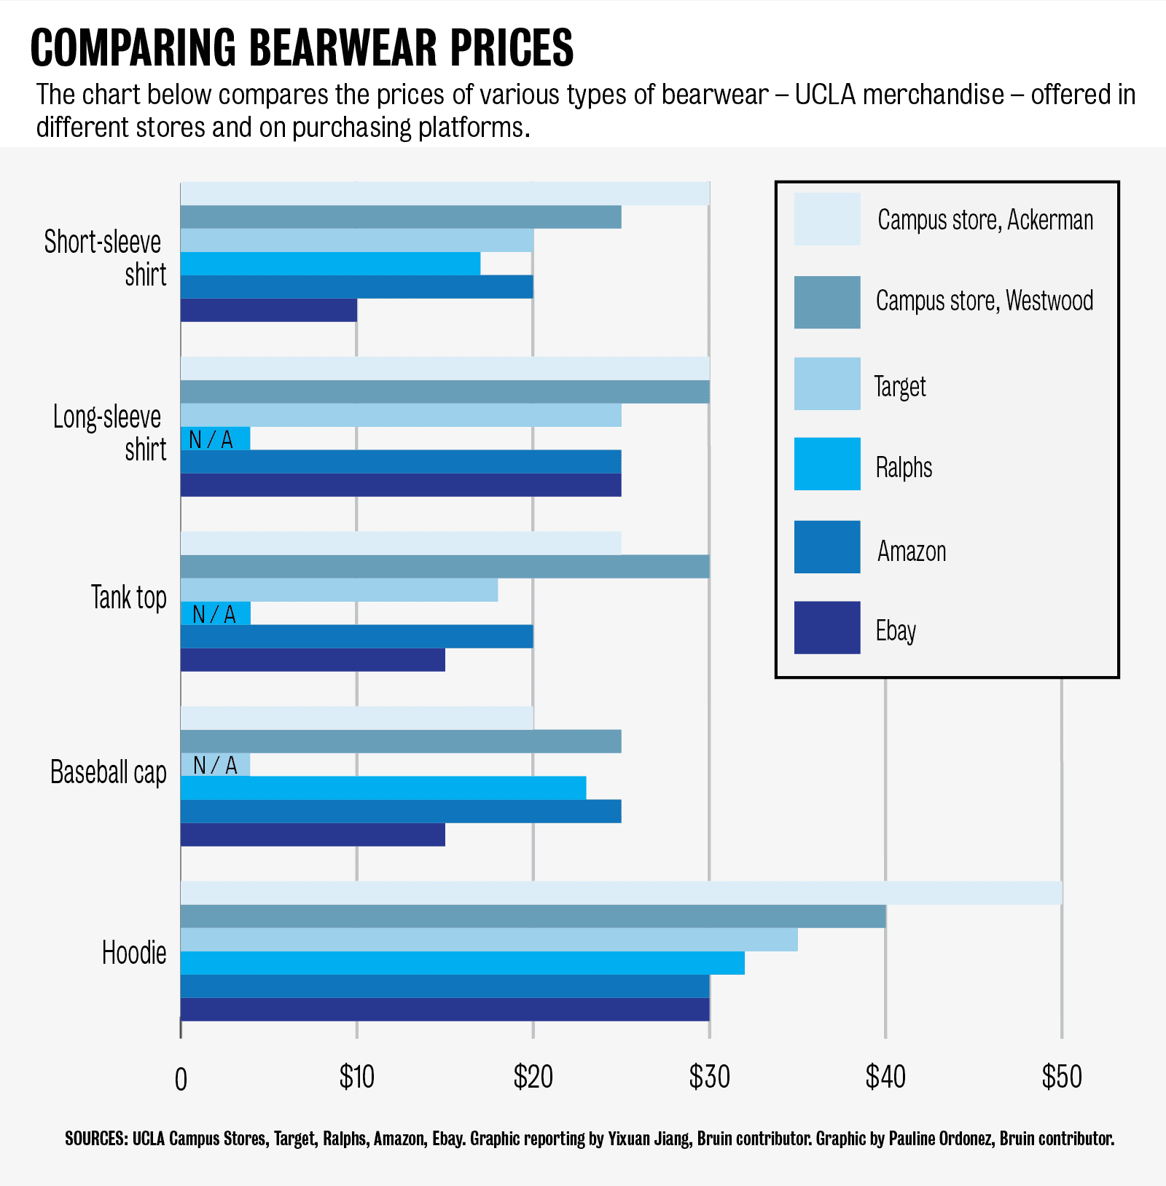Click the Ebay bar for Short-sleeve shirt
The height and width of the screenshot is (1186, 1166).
pos(268,310)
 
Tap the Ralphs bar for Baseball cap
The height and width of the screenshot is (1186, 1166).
pos(383,788)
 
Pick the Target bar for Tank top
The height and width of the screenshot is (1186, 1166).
pos(339,590)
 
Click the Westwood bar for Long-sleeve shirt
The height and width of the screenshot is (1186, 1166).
pos(445,392)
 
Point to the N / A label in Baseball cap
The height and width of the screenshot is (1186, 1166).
pos(215,765)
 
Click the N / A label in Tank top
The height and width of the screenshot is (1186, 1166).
pos(214,615)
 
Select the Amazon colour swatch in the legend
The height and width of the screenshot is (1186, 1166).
pos(827,547)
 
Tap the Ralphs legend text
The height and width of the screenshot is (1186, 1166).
pos(904,468)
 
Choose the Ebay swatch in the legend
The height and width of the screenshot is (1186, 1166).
pos(827,627)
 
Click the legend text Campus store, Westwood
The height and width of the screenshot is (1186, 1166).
pos(985,301)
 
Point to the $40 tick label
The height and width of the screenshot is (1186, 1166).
pos(885,1077)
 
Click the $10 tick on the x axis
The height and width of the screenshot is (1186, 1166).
pos(356,1077)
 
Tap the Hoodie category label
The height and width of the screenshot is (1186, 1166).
pos(134,953)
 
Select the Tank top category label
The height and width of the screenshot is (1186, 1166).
pos(128,597)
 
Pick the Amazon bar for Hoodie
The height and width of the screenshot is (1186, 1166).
pos(445,986)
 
